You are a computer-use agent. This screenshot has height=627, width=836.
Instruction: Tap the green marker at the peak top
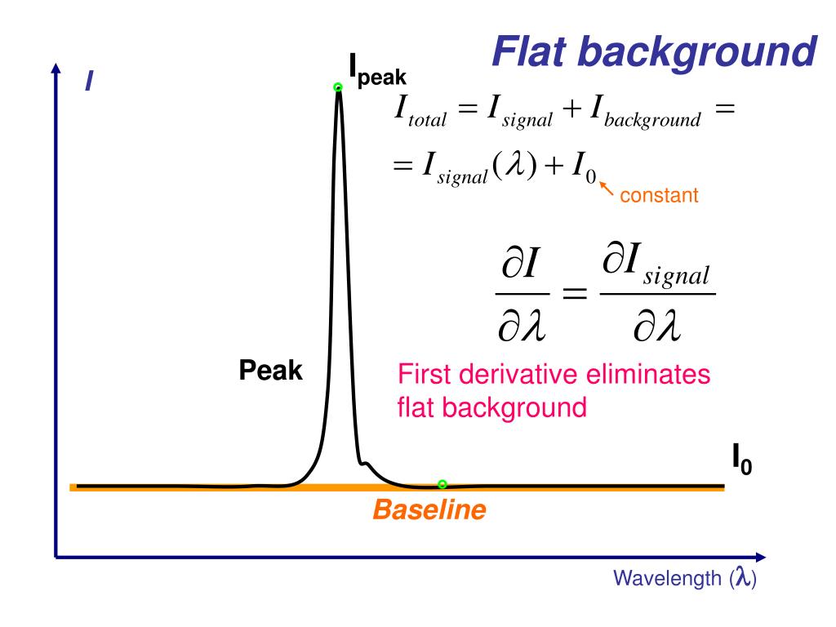[x=338, y=87]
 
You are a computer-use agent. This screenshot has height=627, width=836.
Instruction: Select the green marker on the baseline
[x=442, y=484]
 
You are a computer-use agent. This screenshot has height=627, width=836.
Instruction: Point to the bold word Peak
[x=270, y=371]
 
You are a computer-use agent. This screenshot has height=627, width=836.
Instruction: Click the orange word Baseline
[x=429, y=511]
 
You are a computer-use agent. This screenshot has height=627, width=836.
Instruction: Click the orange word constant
[x=659, y=196]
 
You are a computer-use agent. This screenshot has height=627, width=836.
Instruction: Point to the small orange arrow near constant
[x=607, y=188]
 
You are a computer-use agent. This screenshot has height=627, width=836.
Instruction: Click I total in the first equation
[x=421, y=113]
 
